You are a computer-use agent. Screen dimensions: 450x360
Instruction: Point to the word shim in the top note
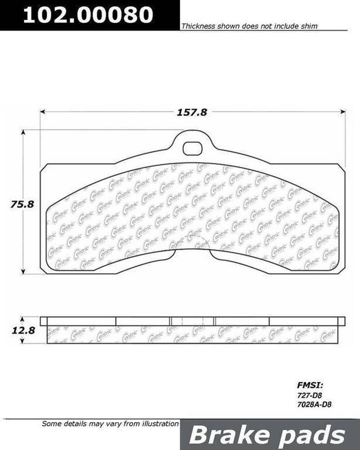pyautogui.click(x=310, y=27)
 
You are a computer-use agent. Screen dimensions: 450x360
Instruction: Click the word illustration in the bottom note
pyautogui.click(x=158, y=423)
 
